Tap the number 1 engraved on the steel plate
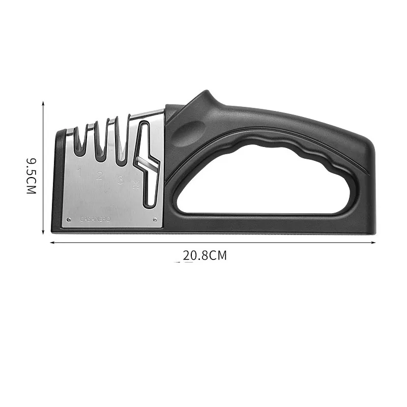coord(80,172)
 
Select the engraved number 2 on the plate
coord(100,176)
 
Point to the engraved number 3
coord(120,180)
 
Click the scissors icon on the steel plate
coord(136,185)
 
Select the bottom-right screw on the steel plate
coord(155,220)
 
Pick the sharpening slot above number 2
coord(101,140)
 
